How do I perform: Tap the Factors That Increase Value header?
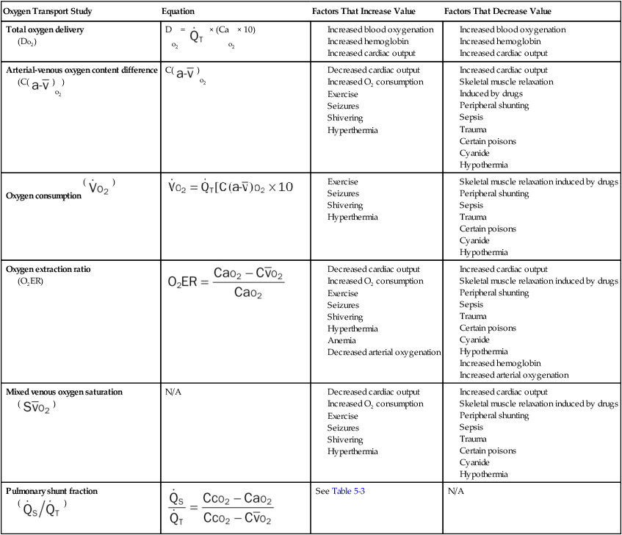click(x=363, y=12)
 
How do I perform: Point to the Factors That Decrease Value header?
click(x=497, y=12)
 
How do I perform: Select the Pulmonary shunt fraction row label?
click(x=51, y=490)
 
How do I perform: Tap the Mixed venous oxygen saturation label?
click(x=64, y=392)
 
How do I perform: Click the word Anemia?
click(x=341, y=340)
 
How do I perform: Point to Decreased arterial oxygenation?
click(x=383, y=352)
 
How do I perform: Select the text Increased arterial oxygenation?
click(x=513, y=375)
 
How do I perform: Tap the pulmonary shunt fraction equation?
click(x=221, y=508)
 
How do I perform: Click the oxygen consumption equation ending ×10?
click(x=230, y=187)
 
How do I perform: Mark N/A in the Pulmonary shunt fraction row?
click(x=455, y=491)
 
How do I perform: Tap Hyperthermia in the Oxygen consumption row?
click(x=352, y=217)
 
